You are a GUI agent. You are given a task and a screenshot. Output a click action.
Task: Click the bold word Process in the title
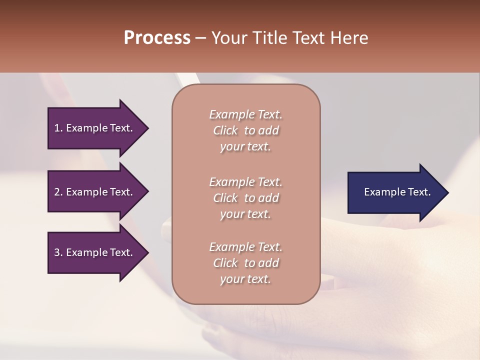click(x=157, y=38)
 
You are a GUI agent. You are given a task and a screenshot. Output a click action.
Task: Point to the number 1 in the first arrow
click(x=57, y=128)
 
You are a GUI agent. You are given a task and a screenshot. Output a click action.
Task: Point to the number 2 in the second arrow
click(x=57, y=192)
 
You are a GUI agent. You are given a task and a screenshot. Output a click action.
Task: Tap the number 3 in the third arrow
click(x=57, y=252)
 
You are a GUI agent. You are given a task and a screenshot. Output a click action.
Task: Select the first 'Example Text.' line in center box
click(x=245, y=114)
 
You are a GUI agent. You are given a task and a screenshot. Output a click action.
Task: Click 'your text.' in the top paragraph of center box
click(x=245, y=147)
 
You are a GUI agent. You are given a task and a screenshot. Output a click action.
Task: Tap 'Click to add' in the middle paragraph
click(x=245, y=198)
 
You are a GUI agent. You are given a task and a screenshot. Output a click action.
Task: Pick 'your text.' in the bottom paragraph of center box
click(x=245, y=279)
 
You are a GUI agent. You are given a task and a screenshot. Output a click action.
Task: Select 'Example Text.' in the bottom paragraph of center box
click(x=245, y=247)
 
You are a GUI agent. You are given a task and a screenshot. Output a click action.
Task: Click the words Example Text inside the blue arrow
click(x=397, y=192)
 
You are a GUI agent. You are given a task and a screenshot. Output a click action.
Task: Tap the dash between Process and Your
click(x=200, y=38)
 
